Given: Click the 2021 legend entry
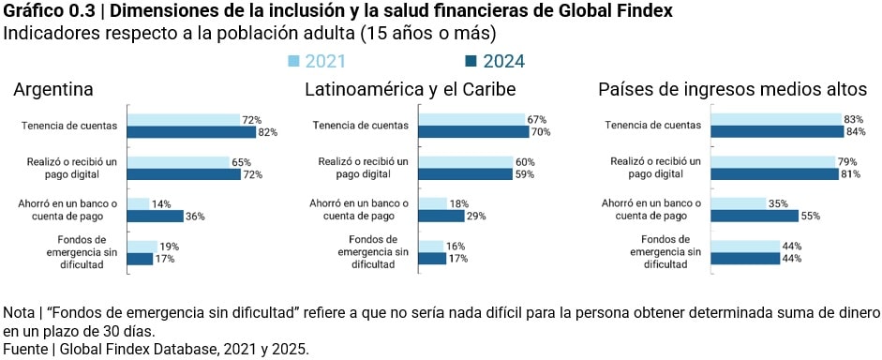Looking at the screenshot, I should point(316,62).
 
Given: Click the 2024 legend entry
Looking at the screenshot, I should point(495,62).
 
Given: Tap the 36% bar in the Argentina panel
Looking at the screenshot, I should point(155,217).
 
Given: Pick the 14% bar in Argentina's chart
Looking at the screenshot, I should point(138,203).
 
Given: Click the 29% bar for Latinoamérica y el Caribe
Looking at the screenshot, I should point(441,217).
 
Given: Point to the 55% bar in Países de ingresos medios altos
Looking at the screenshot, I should point(755,217).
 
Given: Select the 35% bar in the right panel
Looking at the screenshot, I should point(739,203).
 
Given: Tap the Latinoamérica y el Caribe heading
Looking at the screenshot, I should point(411,90).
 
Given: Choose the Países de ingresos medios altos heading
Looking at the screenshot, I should point(732,90).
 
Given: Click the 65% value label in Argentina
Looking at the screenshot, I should point(240,162).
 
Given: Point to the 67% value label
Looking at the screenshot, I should point(536,120).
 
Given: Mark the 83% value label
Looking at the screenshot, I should point(852,120).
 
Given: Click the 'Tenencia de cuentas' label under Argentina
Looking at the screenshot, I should point(72,126).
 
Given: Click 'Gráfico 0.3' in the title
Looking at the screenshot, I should point(41,11).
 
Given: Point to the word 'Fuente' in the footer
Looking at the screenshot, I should point(25,349).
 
